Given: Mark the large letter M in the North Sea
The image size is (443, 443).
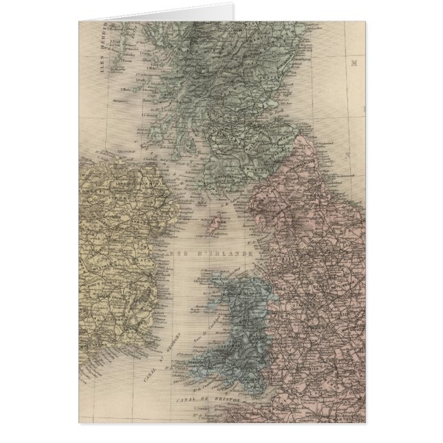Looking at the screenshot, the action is click(356, 63).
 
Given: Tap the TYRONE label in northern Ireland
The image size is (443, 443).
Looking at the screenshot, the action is click(116, 200).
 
